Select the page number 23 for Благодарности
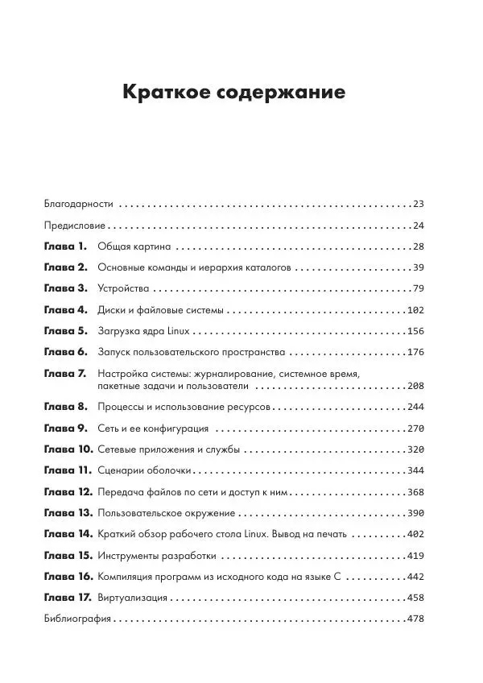pyautogui.click(x=417, y=205)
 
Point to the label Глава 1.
pyautogui.click(x=66, y=246)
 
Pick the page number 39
pyautogui.click(x=417, y=267)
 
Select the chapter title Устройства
pyautogui.click(x=123, y=288)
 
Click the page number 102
pyautogui.click(x=415, y=310)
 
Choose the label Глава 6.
pyautogui.click(x=66, y=352)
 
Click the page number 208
pyautogui.click(x=415, y=387)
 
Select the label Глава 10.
pyautogui.click(x=68, y=449)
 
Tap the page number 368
pyautogui.click(x=415, y=492)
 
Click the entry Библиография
pyautogui.click(x=77, y=619)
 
